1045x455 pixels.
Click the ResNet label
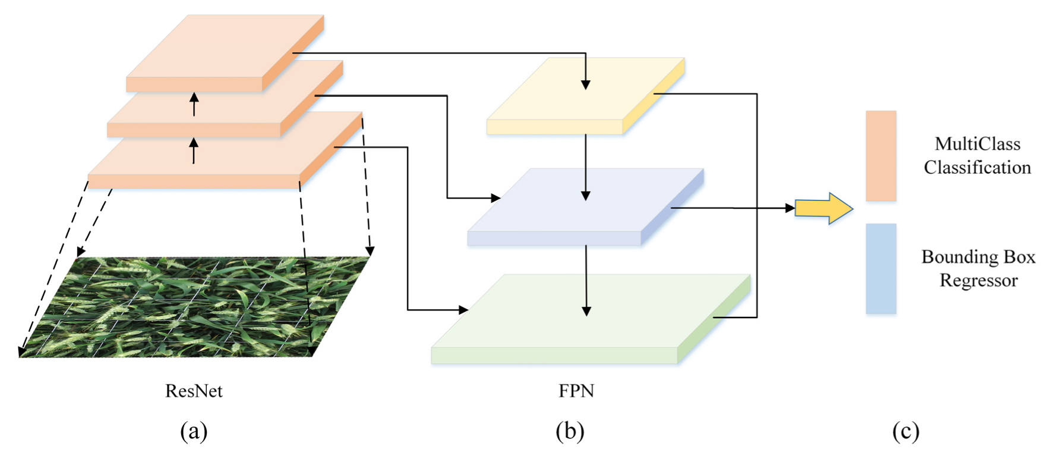pos(194,391)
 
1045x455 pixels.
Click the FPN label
pos(576,391)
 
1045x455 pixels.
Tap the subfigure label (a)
pos(194,431)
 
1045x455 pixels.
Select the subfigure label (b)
pos(570,431)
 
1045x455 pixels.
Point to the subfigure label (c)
pos(905,431)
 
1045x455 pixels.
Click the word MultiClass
pos(977,144)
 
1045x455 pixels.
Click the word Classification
pos(977,168)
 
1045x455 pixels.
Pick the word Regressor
pos(978,280)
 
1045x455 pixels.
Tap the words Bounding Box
pos(978,257)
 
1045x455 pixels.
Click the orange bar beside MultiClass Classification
pos(880,156)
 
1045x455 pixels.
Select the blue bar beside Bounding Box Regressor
pos(880,269)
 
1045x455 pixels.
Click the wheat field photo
pos(196,306)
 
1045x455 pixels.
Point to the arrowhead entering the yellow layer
pos(586,84)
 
